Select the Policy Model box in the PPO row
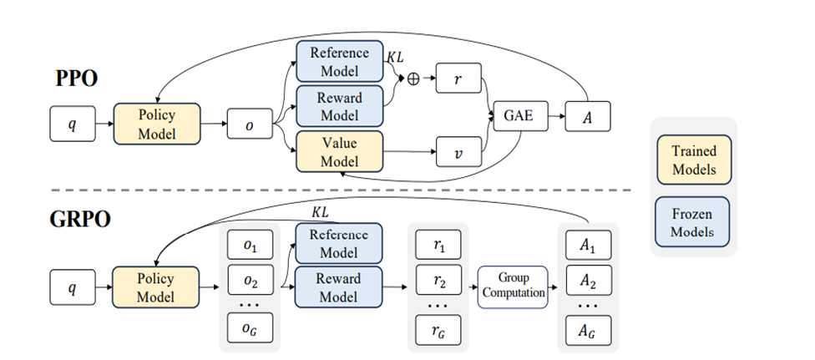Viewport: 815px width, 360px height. coord(156,124)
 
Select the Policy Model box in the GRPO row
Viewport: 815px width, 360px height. coord(156,288)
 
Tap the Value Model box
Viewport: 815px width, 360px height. coord(339,152)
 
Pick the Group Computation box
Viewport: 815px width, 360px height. coord(512,286)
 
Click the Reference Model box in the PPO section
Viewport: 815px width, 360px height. coord(339,61)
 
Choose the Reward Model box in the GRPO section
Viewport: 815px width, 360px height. coord(339,286)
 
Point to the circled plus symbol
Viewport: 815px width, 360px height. coord(412,77)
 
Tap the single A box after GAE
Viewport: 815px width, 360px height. coord(588,118)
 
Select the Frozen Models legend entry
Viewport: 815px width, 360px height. coord(692,222)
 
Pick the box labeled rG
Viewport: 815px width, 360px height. coord(439,331)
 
